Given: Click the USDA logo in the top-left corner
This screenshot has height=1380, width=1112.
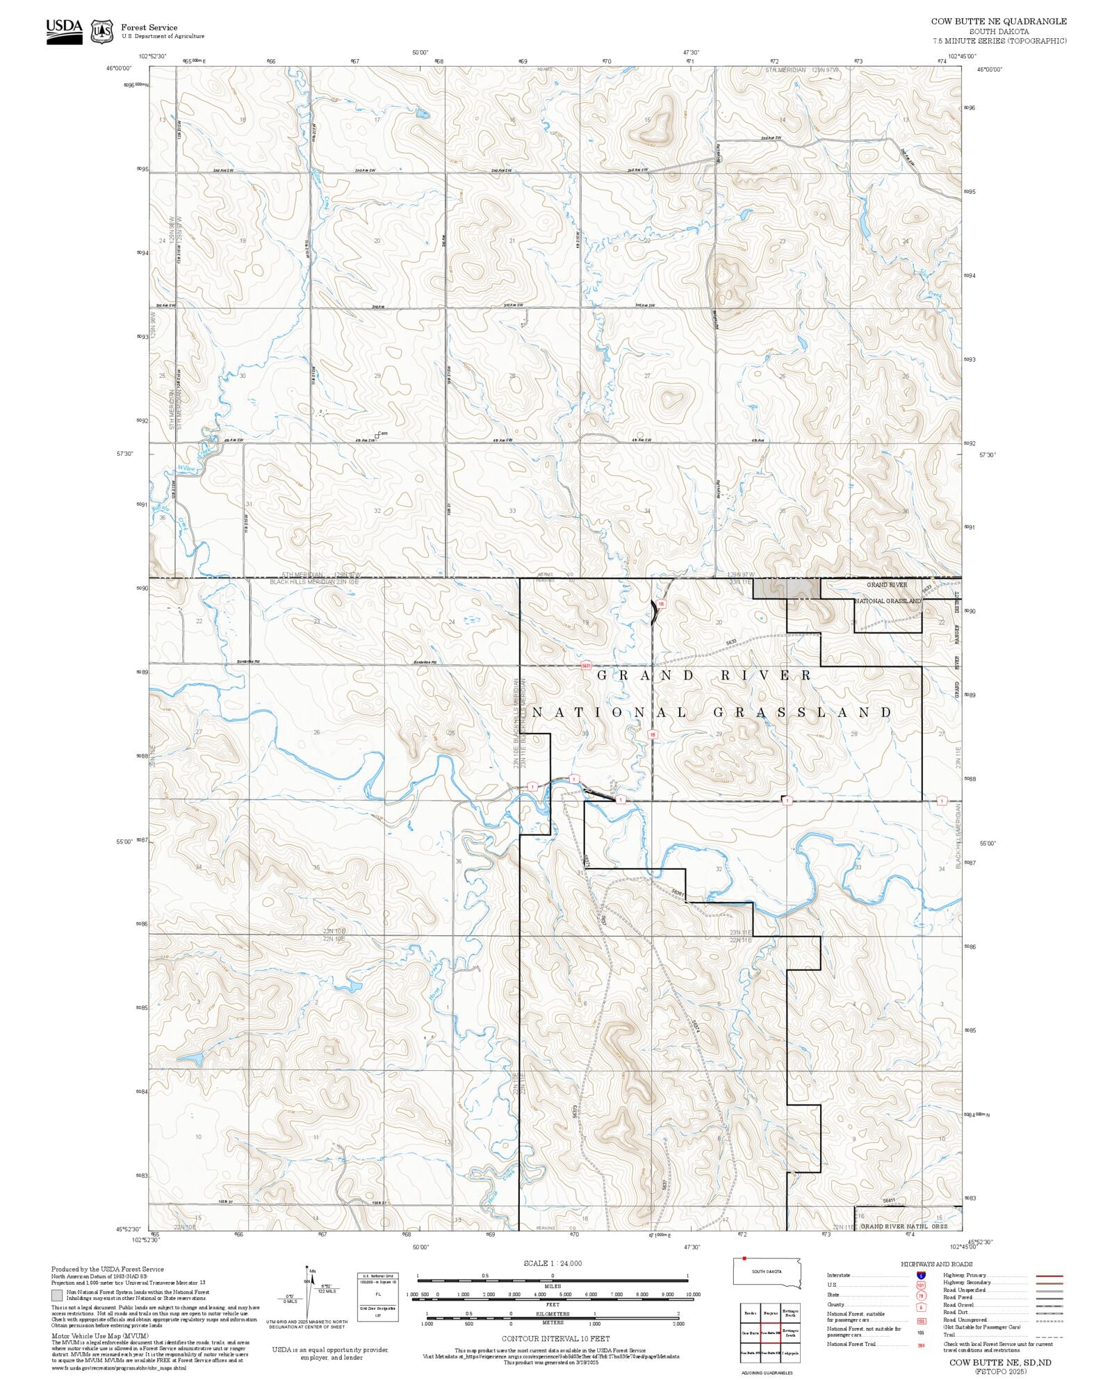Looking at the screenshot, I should (x=64, y=31).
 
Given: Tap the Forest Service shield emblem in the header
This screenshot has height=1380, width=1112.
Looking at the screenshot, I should (x=103, y=31).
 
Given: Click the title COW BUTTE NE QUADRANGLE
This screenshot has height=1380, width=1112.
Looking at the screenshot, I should (x=998, y=22).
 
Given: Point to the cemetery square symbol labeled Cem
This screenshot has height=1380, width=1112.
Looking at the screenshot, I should (x=377, y=436).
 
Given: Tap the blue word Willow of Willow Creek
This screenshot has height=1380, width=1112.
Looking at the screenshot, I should (x=186, y=468).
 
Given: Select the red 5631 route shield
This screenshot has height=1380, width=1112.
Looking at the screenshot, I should (x=585, y=665).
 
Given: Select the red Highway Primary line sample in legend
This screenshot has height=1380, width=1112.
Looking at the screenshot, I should (x=1049, y=1276).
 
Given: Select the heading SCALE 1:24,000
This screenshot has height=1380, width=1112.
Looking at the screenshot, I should (x=553, y=1263).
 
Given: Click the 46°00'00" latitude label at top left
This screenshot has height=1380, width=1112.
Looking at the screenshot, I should (x=119, y=68).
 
